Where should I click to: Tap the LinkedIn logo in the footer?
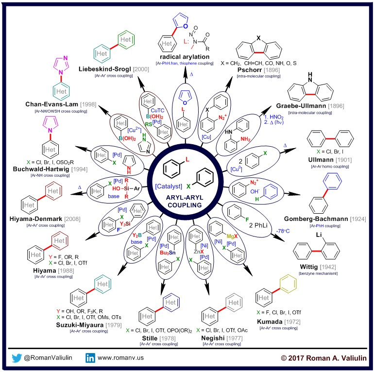coord(90,358)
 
